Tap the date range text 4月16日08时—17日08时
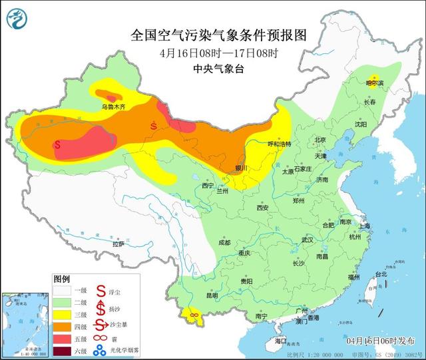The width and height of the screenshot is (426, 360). coord(212,54)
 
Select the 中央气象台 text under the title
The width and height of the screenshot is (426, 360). coord(212,69)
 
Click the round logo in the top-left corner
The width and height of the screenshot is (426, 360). coord(17,18)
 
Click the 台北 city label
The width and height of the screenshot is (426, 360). coord(381,274)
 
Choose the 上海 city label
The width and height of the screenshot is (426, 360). coord(364,226)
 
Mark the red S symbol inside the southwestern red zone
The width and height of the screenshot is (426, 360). coord(58,144)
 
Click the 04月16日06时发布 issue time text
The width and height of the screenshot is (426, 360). coord(380,341)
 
